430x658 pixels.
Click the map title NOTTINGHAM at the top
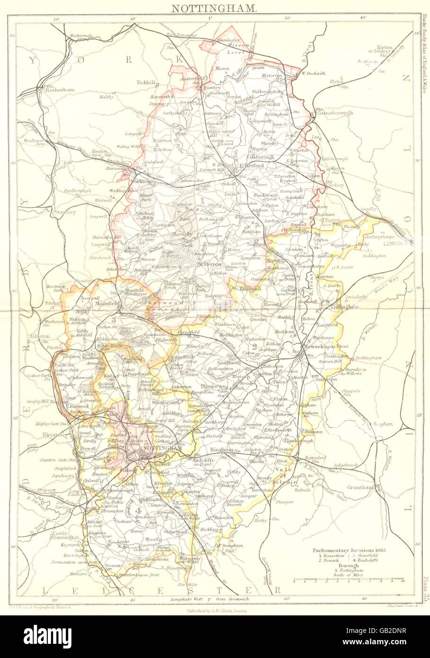214,8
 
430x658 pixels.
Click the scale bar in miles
348,579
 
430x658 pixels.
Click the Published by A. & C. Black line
215,611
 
